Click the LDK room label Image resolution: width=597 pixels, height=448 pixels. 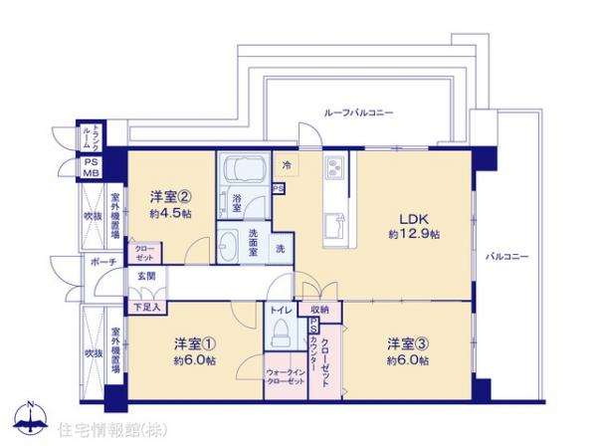click(412, 216)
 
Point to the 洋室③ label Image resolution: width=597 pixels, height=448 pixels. click(408, 344)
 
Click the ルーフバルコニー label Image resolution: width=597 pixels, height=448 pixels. click(359, 112)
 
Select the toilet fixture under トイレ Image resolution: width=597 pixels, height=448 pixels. click(280, 329)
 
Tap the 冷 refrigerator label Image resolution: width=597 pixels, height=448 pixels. click(288, 165)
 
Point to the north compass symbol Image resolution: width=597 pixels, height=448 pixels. click(33, 416)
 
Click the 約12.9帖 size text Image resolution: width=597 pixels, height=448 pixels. click(413, 233)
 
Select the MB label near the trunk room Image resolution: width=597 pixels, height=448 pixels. click(91, 173)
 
